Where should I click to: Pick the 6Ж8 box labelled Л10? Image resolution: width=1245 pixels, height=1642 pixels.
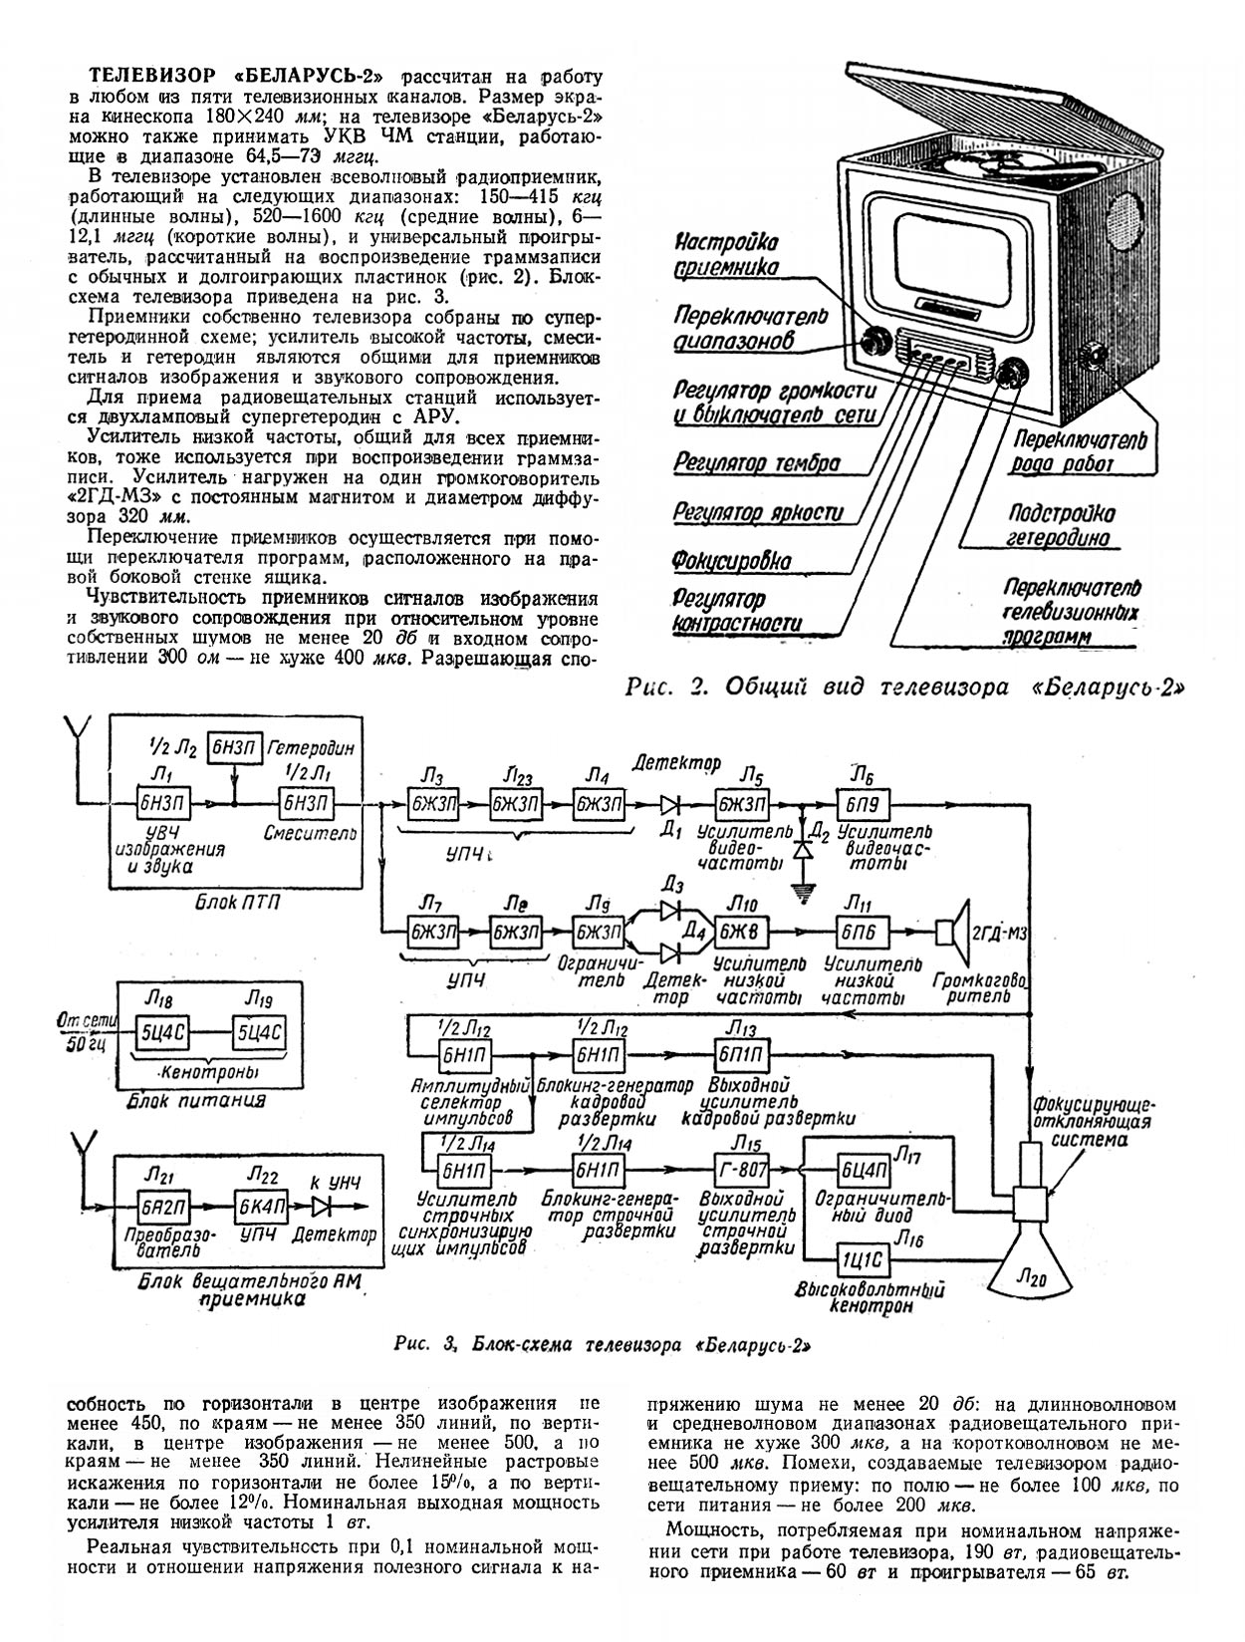pos(739,933)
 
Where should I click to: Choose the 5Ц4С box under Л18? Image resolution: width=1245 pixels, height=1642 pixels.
pos(159,1032)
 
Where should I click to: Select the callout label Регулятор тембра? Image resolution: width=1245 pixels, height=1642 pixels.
pos(756,463)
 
